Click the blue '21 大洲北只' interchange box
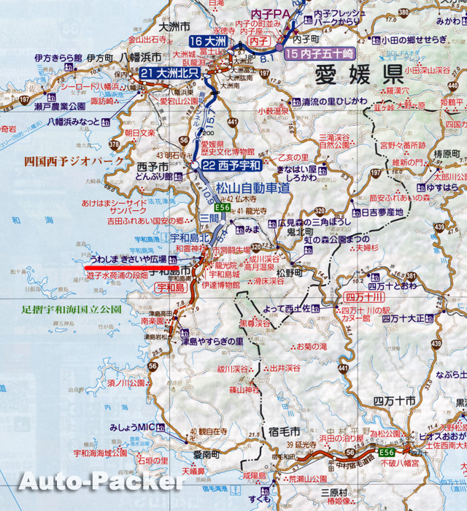(x=173, y=73)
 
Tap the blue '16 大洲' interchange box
(x=210, y=41)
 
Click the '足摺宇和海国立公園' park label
(x=72, y=310)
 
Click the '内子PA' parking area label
(x=271, y=12)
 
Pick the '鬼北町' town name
(x=300, y=231)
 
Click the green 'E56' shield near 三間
(x=223, y=207)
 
